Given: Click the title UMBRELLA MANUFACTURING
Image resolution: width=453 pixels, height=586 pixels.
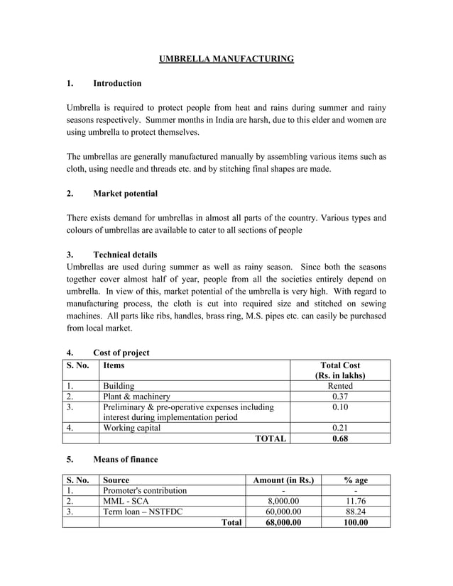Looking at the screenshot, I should pos(226,58).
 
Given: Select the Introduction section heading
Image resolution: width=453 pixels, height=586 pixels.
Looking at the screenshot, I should pos(117,84).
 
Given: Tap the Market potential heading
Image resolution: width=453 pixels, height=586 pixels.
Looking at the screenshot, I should pos(125,194).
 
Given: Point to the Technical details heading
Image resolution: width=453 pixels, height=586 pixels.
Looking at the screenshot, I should pos(125,255).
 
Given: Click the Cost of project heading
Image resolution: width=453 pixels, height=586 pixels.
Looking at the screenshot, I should pos(121,353).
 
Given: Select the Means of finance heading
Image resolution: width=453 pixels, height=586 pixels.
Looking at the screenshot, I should pos(125,459).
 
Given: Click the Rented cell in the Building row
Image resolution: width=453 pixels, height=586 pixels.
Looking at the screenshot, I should pos(340,386).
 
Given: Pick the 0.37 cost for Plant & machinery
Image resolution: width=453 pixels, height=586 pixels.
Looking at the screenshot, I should pos(340,397).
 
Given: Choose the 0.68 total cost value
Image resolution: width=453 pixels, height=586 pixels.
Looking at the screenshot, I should pos(340,438).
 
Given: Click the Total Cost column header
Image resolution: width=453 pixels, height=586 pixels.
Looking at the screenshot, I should pos(340,370).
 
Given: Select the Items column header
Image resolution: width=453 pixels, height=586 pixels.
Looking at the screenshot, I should pos(114,365).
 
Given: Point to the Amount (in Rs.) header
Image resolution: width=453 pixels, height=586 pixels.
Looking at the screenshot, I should pos(283,480).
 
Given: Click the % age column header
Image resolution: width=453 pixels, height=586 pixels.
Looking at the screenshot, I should pos(355,480).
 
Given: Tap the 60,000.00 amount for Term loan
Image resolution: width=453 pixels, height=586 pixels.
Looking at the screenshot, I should pos(283,512).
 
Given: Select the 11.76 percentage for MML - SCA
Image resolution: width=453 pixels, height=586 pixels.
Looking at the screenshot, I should pos(355,501).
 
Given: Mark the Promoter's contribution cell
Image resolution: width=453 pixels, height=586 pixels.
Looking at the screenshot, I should pos(146,490).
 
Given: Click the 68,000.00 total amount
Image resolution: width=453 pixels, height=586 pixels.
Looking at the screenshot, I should pos(283,522).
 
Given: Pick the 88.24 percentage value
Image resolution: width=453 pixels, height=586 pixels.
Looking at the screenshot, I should pos(355,512).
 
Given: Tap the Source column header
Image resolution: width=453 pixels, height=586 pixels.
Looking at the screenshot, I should pos(116,480).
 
